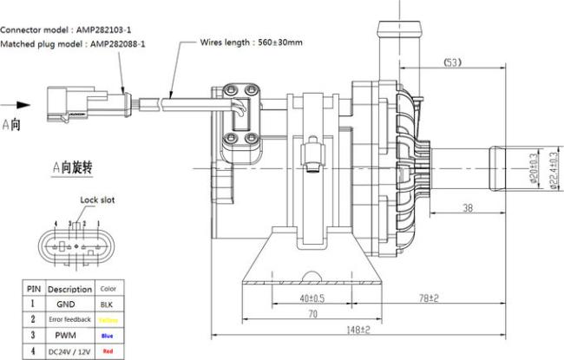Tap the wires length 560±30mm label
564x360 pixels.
tap(252, 41)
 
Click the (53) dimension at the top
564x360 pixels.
tap(451, 62)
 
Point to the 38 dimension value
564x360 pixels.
tap(466, 208)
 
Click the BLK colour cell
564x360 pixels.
tap(107, 304)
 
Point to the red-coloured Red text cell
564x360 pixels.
tap(107, 351)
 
